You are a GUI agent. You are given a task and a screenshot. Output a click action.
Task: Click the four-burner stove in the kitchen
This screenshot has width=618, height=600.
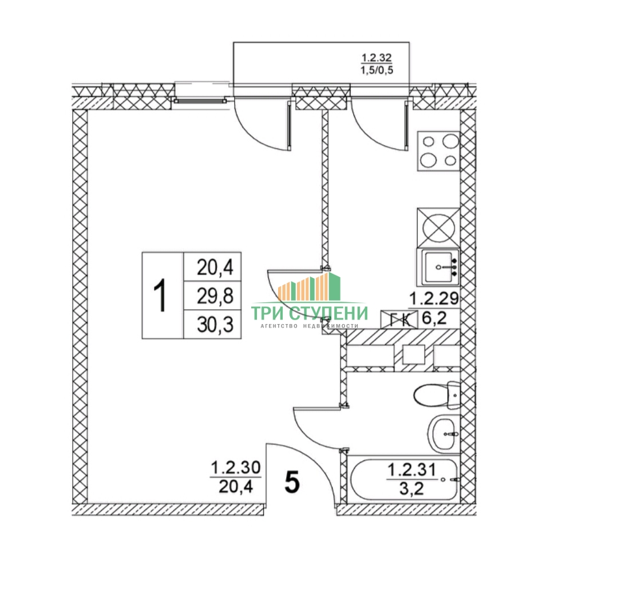[x=439, y=150]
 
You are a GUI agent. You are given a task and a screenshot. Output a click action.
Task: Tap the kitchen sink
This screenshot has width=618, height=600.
[x=439, y=267]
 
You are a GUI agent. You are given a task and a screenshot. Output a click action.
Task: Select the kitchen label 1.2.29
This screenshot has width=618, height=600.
[x=432, y=298]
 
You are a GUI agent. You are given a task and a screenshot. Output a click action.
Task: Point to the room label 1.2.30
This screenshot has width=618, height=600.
[x=236, y=468]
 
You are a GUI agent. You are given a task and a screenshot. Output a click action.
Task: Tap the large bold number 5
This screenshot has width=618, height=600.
[x=292, y=483]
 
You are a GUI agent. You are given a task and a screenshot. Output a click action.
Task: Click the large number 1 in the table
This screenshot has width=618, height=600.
[x=162, y=295]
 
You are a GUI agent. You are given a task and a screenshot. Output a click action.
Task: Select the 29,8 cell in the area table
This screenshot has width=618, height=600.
[x=212, y=295]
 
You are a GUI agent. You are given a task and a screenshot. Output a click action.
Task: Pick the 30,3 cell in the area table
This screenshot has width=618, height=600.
[x=212, y=324]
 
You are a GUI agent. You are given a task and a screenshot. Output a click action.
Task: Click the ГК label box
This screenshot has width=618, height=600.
[x=399, y=318]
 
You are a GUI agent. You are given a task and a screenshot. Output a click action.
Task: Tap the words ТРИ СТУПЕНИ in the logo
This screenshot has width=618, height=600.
[x=310, y=313]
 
